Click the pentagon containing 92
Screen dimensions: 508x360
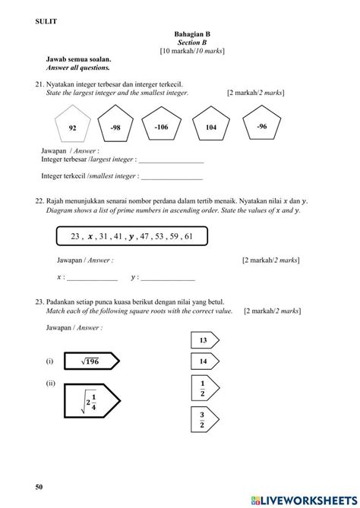coord(74,127)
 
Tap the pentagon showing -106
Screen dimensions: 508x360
coord(161,126)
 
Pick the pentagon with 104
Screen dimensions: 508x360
coord(211,127)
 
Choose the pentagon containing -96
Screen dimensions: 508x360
coord(261,125)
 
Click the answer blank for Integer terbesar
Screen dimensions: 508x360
coord(171,160)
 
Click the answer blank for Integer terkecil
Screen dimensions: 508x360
coord(171,176)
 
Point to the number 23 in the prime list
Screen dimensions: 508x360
coord(75,237)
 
